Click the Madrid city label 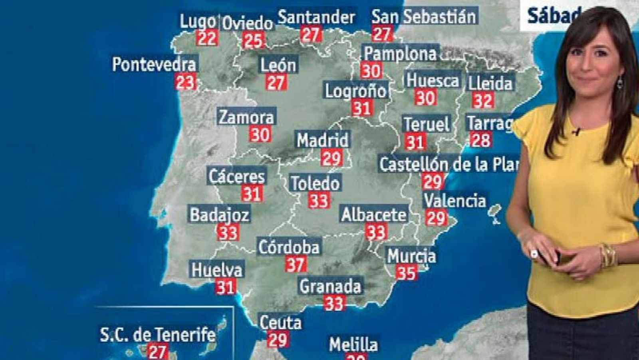pos(323,140)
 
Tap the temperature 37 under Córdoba pos(296,264)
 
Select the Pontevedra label pos(154,64)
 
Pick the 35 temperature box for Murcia pos(406,273)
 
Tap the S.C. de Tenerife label pos(157,335)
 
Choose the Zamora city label pos(246,117)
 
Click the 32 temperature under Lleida pos(482,100)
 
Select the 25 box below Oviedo pos(253,40)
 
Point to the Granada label pos(330,286)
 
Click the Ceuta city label pos(280,322)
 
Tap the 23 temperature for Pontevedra pos(185,82)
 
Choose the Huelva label pos(217,270)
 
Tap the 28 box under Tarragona pos(480,140)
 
